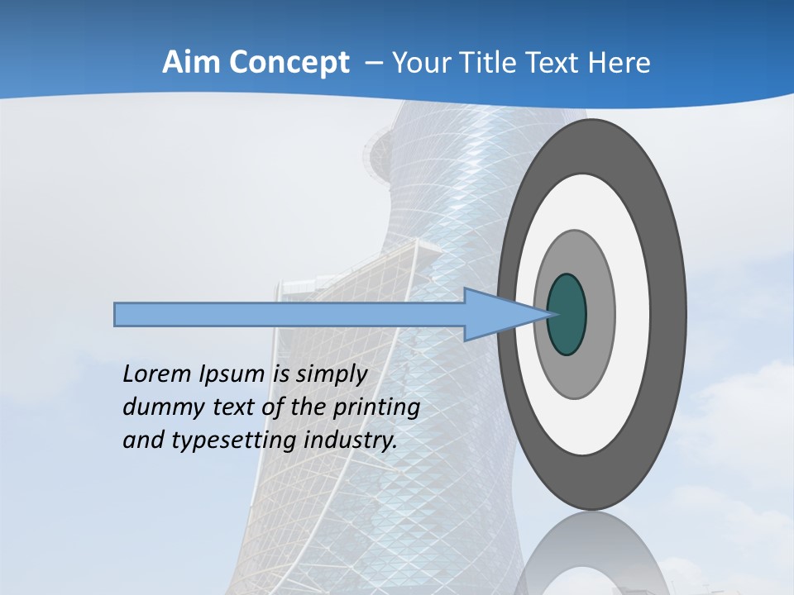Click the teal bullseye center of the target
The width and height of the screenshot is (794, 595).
(567, 315)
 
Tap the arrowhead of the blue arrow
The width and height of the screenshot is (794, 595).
(496, 315)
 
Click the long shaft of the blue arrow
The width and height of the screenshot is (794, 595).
(289, 315)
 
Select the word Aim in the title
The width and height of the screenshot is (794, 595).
(192, 63)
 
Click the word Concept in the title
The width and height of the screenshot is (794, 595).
(289, 63)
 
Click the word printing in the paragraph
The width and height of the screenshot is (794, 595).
(376, 408)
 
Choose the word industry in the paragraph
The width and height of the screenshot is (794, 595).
(351, 440)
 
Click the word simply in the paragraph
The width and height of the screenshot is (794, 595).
(331, 375)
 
